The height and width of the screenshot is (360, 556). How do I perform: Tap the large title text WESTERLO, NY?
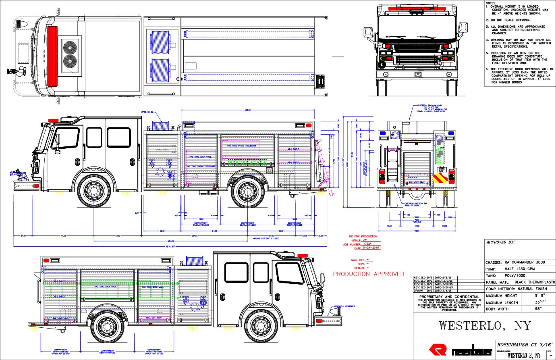(485, 325)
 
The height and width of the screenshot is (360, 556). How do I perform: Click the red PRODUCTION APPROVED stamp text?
(368, 274)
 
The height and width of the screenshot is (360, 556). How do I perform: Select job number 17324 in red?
(367, 244)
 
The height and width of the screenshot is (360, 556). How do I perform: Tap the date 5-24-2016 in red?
(371, 248)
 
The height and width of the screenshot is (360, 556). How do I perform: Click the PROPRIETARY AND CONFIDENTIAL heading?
(449, 297)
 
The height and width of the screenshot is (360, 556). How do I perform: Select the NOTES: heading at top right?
(491, 3)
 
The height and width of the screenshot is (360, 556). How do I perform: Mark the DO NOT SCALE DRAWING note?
(510, 20)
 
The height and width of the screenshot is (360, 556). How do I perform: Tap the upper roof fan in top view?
(70, 47)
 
